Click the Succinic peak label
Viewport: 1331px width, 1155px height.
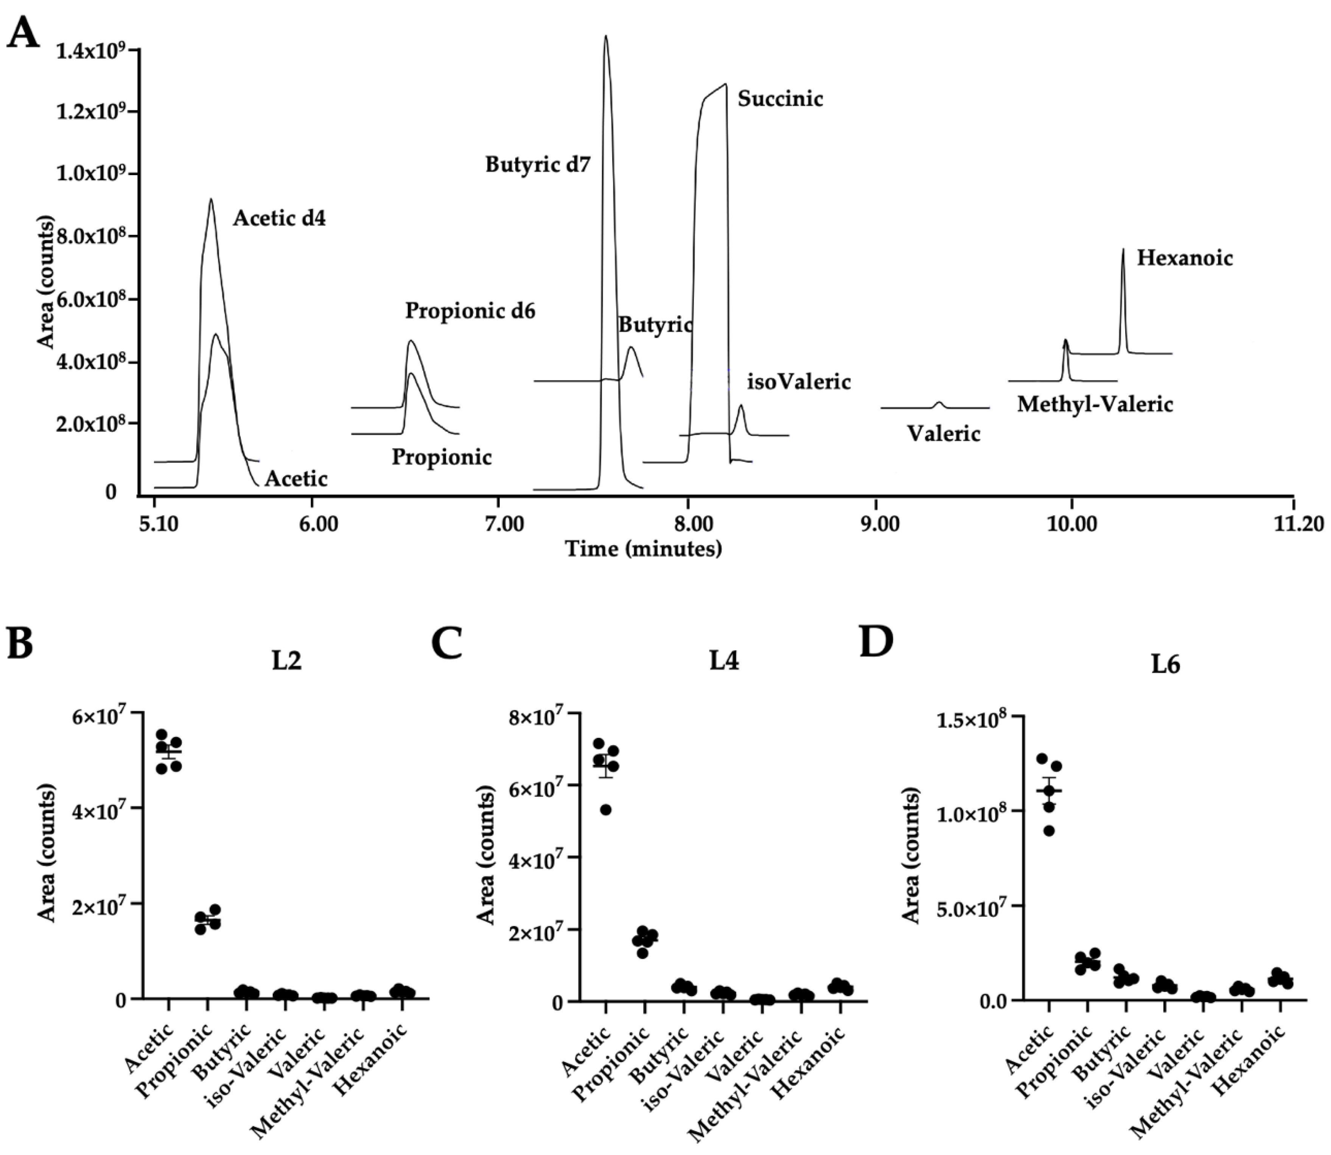coord(780,99)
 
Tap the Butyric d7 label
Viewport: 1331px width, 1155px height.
coord(538,165)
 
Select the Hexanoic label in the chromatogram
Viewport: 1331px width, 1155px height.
coord(1185,259)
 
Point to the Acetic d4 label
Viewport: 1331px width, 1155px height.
coord(279,219)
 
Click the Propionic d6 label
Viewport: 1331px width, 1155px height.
coord(470,311)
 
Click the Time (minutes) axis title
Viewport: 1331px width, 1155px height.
coord(643,549)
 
